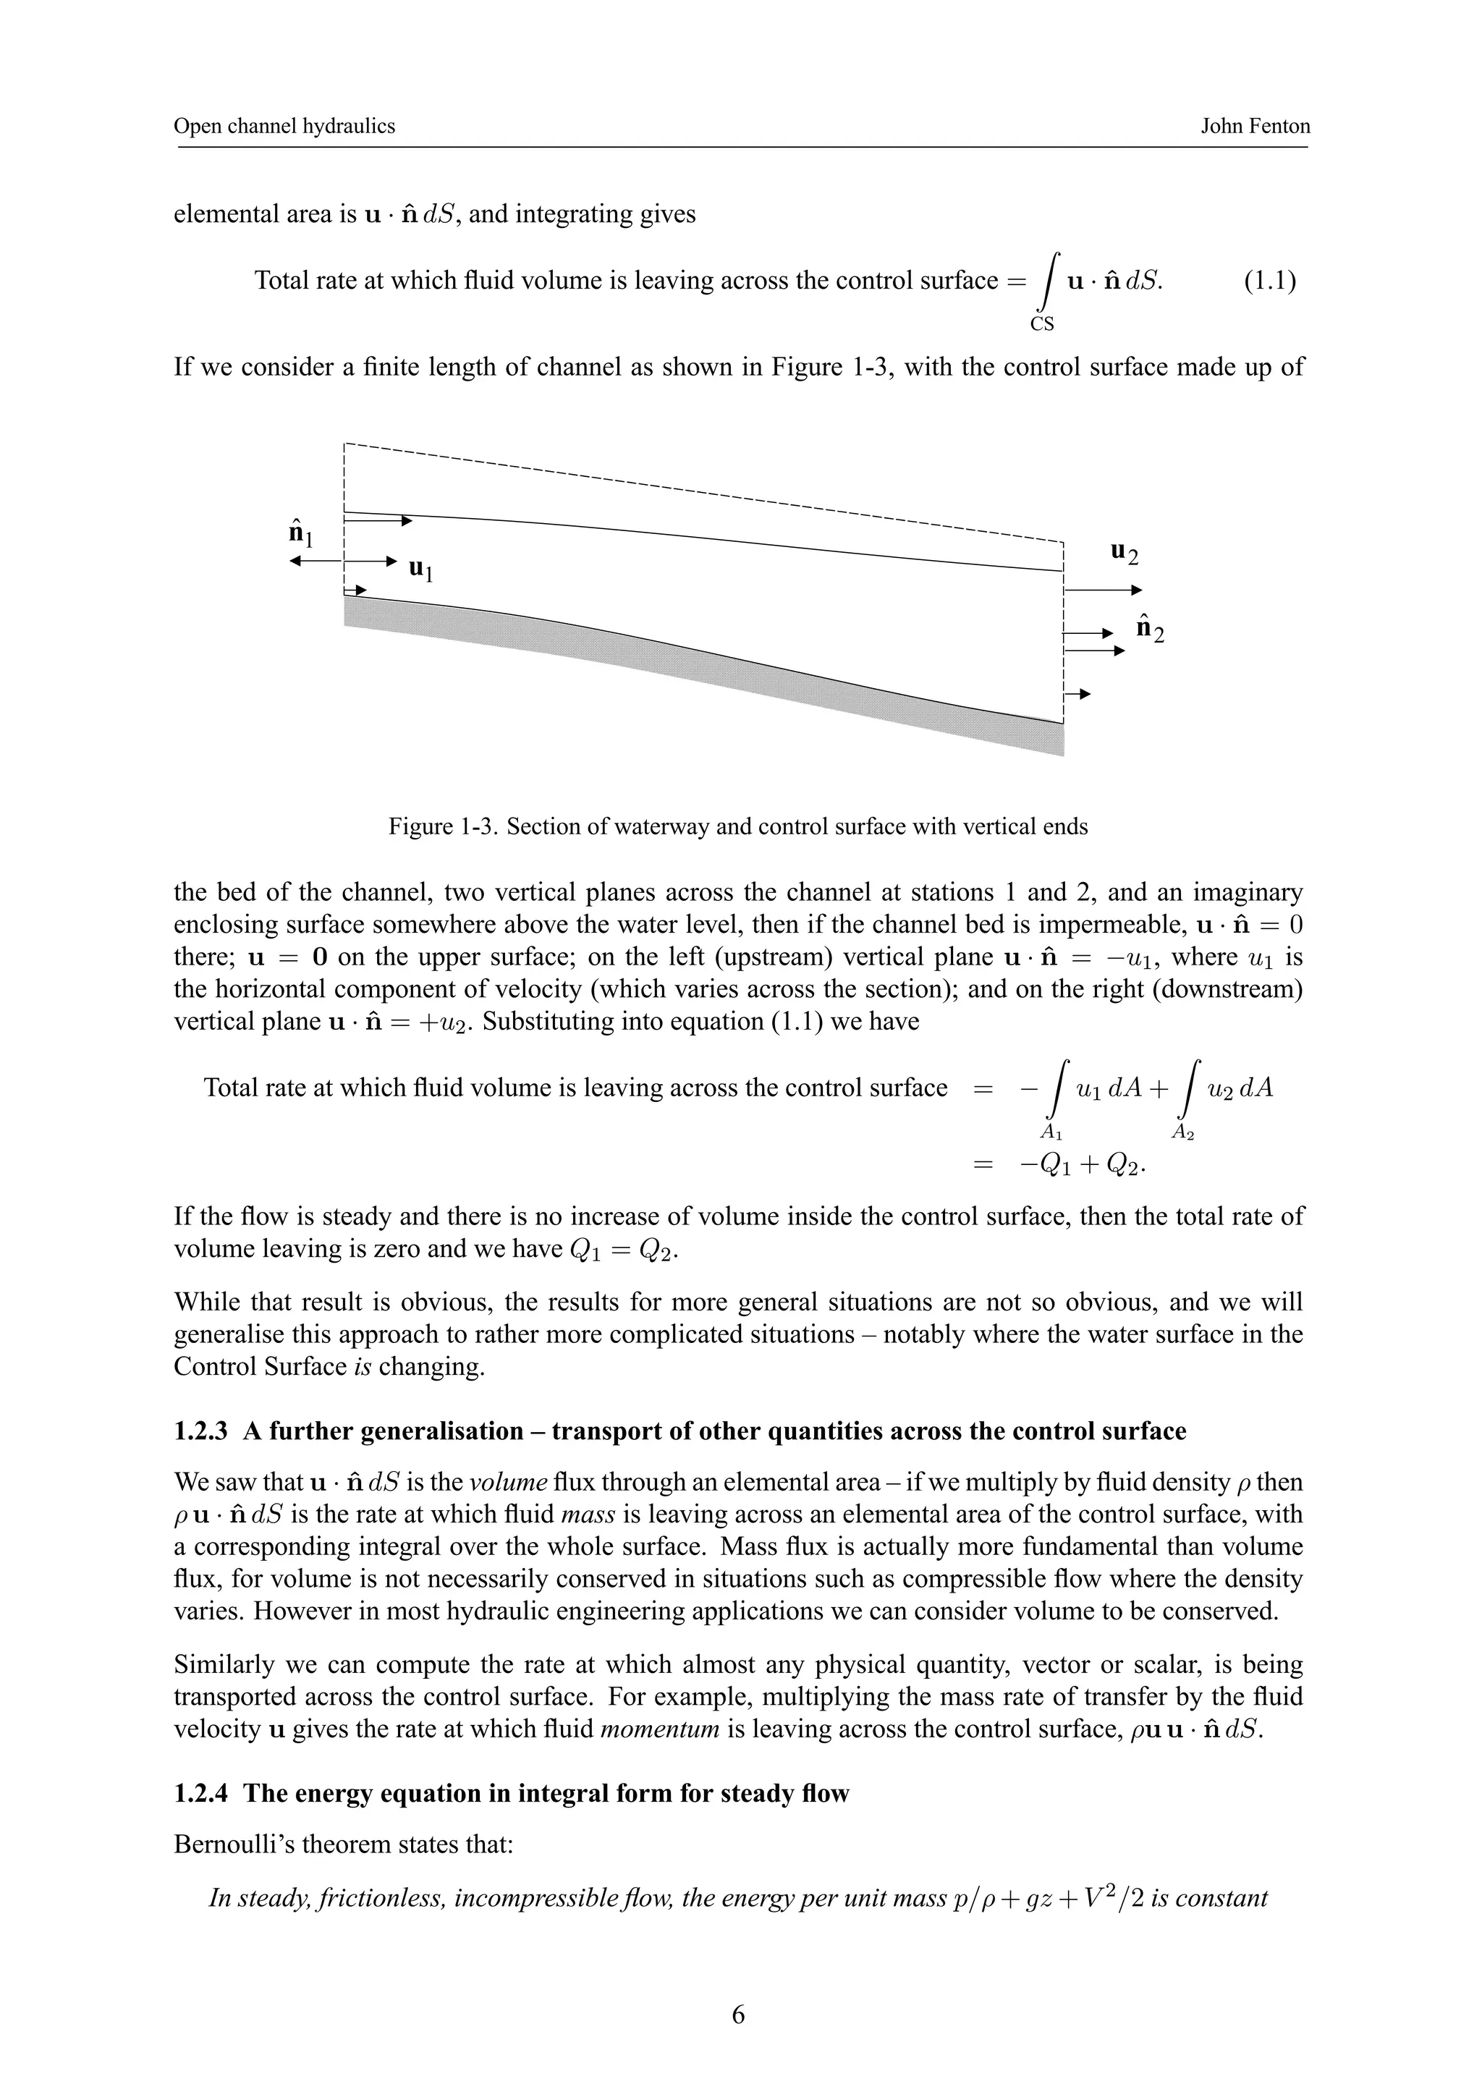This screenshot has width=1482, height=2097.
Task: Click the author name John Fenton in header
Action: point(1255,126)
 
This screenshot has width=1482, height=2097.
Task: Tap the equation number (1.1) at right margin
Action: point(1269,279)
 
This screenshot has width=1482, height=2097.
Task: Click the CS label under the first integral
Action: point(1042,324)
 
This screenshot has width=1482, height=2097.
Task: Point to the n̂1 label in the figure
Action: point(300,532)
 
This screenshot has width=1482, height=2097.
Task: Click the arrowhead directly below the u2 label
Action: point(1137,590)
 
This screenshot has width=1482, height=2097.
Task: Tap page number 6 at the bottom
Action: point(739,2014)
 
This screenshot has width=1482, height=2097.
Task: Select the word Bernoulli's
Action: point(231,1845)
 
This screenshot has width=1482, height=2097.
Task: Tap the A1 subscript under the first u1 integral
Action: point(1052,1132)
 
